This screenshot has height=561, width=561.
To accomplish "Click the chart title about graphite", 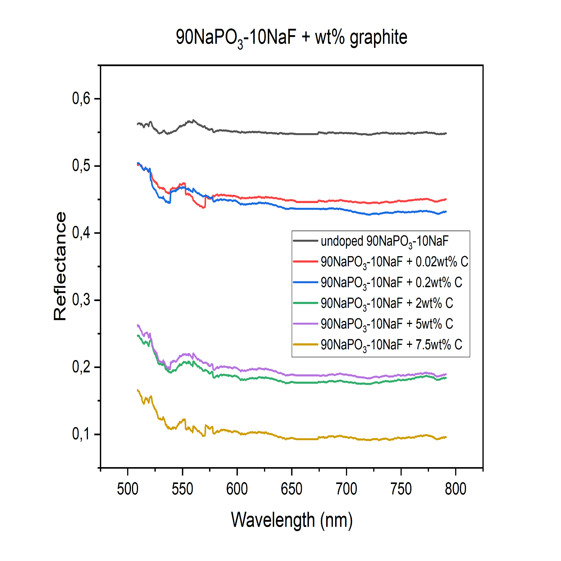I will click(x=291, y=37).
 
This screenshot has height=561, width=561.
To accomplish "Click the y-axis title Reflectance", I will click(x=60, y=266).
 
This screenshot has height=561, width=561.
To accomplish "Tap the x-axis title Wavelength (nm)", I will click(x=292, y=520).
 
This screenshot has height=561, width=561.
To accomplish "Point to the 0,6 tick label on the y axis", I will click(x=81, y=99).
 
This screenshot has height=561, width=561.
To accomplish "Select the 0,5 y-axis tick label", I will click(x=81, y=166).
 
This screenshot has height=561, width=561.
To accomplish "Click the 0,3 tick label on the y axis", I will click(x=81, y=300).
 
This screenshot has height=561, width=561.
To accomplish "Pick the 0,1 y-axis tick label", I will click(x=81, y=434).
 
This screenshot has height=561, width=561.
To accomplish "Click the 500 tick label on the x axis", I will click(x=128, y=489).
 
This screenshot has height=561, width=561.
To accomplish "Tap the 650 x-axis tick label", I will click(x=292, y=489).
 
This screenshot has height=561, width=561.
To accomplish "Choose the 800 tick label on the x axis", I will click(x=456, y=489).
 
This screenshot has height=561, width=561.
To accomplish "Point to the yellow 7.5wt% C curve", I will click(x=299, y=439).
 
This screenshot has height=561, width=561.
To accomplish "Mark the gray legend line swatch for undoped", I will click(x=306, y=241).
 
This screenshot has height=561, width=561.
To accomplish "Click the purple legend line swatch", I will click(x=306, y=324).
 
